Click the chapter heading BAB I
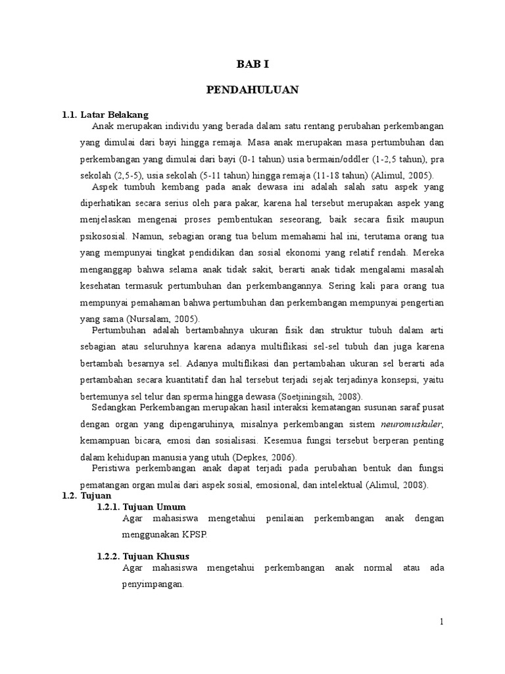click(253, 64)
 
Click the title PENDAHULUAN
click(253, 90)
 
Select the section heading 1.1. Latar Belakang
click(105, 115)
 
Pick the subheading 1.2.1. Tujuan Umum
click(141, 507)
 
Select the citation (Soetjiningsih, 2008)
click(316, 396)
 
